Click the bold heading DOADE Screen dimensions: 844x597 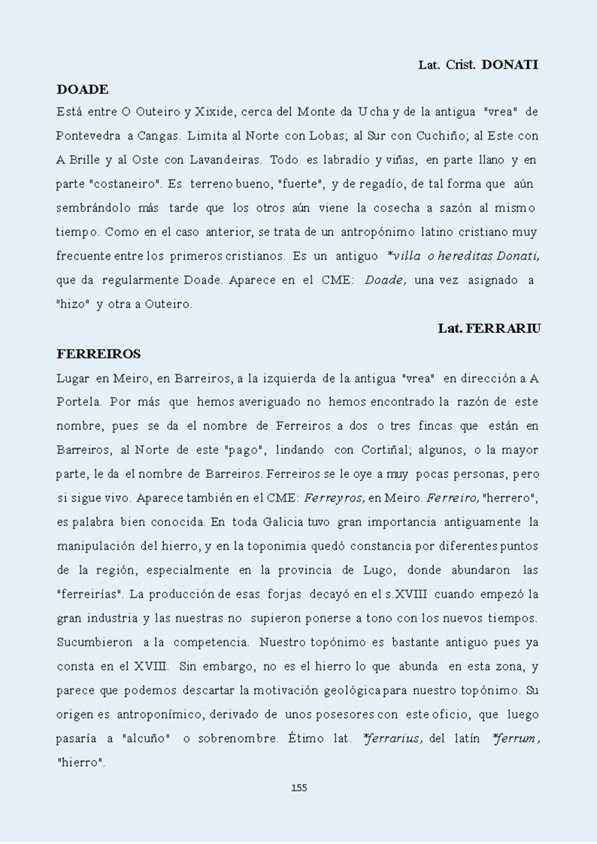[83, 89]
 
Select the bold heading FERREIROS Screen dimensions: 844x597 [98, 352]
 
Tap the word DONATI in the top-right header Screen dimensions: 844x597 [510, 65]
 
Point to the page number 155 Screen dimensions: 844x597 [298, 788]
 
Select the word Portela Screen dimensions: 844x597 [78, 401]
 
